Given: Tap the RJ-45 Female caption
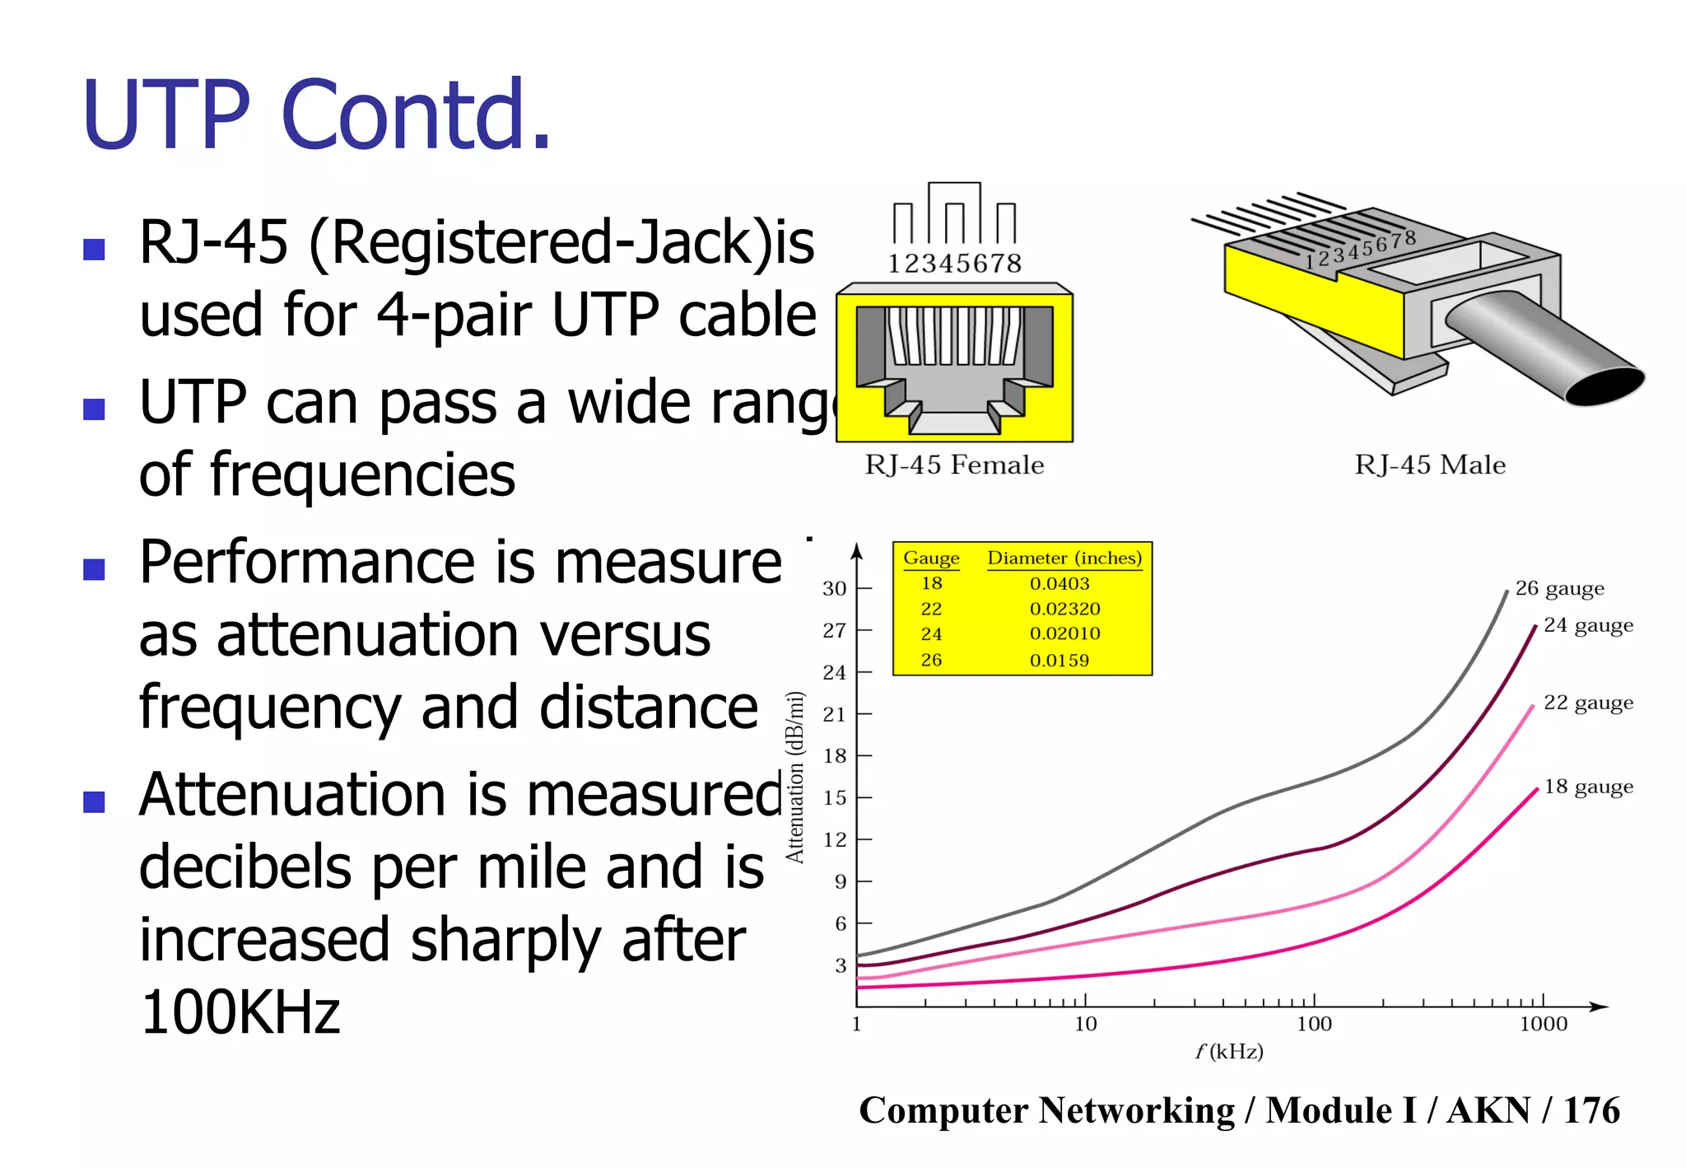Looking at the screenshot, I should point(954,465).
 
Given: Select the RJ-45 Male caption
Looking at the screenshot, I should point(1430,465).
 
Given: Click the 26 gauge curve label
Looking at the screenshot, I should point(1559,588).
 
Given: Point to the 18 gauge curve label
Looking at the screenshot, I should point(1588,787).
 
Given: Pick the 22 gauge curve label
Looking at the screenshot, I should point(1588,703).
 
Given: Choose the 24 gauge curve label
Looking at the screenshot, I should point(1588,625).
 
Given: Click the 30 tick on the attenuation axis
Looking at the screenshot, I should point(834,588).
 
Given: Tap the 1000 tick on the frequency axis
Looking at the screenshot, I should point(1543,1024).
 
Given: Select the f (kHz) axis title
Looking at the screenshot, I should point(1229,1051).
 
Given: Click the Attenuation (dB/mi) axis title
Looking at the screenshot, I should point(794,777).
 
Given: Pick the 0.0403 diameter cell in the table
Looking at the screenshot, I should point(1060,583).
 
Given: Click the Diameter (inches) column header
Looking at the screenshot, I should point(1064,558).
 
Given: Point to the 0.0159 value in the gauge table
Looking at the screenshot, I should point(1060,660).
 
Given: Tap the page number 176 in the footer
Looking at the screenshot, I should point(1591,1110).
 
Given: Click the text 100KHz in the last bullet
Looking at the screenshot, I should point(240,1012).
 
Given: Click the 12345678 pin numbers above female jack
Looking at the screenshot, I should point(954,264).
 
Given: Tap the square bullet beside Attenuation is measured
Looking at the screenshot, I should point(95,801).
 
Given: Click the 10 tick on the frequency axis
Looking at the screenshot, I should point(1085,1024).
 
